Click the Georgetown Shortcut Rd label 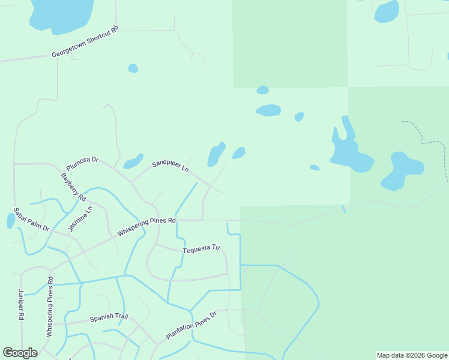click(x=85, y=42)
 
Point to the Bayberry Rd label click(x=74, y=187)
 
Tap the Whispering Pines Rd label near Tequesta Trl click(x=146, y=228)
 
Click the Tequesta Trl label click(x=202, y=248)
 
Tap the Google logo click(x=20, y=353)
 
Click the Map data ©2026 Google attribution click(x=412, y=355)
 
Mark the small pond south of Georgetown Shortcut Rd click(x=133, y=68)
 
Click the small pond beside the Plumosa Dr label click(x=133, y=161)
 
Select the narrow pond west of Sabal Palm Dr click(x=11, y=221)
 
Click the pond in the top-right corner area click(x=387, y=11)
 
